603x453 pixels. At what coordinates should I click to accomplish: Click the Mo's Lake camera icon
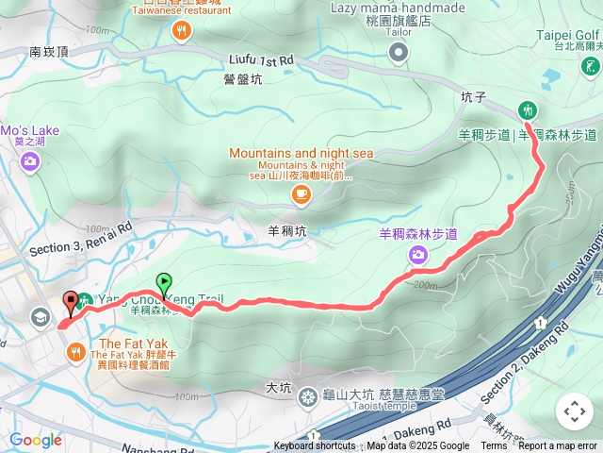[x=30, y=162]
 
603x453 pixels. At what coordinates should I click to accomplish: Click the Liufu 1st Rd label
[x=261, y=59]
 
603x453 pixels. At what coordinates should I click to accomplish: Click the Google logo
[x=36, y=440]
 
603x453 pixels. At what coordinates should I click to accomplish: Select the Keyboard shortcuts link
[x=315, y=446]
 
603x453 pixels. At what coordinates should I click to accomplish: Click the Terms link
[x=493, y=446]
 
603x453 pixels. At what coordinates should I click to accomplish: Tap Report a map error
[x=558, y=446]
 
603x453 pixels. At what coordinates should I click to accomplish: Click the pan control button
[x=574, y=411]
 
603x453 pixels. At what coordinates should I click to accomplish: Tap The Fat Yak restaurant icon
[x=75, y=352]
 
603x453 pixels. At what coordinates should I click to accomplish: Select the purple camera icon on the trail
[x=417, y=253]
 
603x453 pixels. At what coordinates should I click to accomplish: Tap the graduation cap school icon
[x=40, y=317]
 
